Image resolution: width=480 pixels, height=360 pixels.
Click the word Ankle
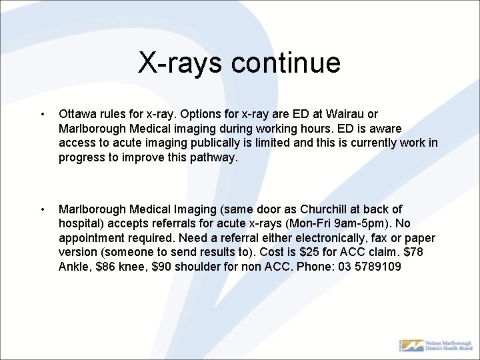click(73, 267)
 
